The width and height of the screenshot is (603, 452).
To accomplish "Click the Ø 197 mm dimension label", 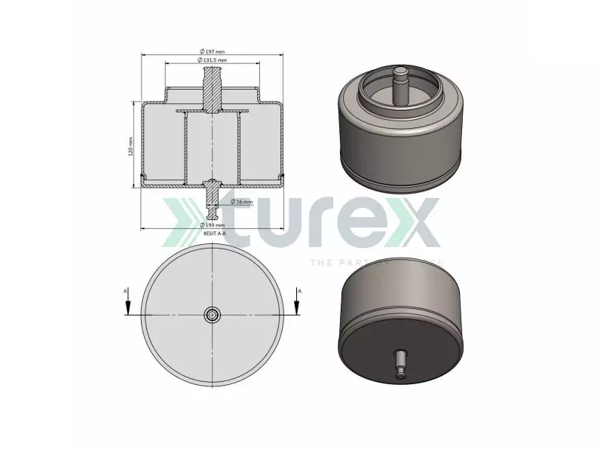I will click(x=213, y=50).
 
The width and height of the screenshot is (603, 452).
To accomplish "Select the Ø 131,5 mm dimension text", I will click(x=213, y=60).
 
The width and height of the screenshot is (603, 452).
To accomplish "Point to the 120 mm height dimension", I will click(x=130, y=145).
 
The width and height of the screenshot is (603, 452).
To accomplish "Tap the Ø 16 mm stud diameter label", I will click(x=243, y=202).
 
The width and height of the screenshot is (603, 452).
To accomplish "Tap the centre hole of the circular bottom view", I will click(x=214, y=314).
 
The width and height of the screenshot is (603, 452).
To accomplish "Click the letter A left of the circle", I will click(x=126, y=289).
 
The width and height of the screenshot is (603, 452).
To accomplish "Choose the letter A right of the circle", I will click(x=300, y=289).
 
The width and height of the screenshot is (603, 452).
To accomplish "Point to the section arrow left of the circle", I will click(x=128, y=304).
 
